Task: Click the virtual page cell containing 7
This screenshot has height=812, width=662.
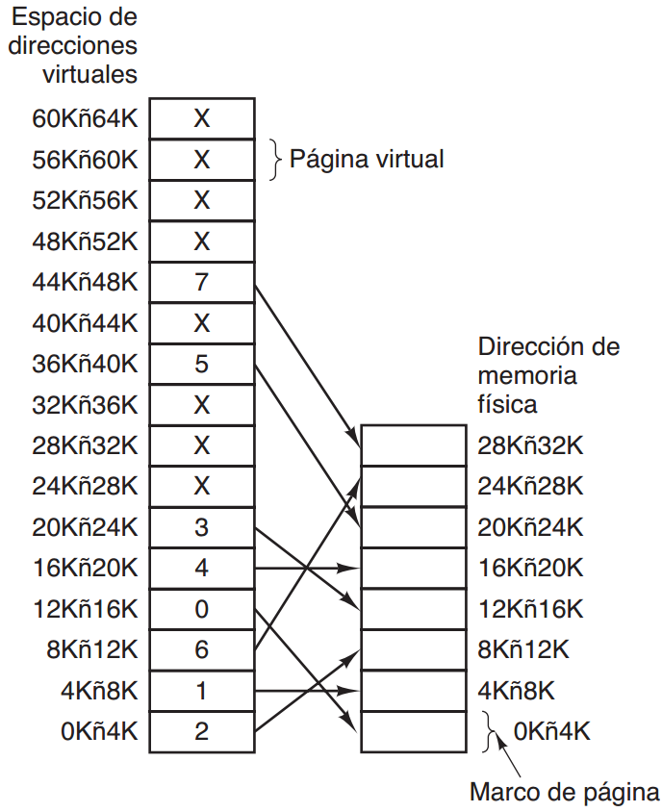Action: tap(201, 283)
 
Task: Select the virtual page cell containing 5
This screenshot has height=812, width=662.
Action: tap(201, 365)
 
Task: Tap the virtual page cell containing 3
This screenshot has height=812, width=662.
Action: tap(201, 527)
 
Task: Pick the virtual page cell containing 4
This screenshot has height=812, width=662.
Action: tap(201, 568)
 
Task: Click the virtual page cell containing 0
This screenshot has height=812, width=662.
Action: tap(201, 609)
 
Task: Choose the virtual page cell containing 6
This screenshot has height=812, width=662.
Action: tap(201, 649)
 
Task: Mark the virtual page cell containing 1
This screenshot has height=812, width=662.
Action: tap(201, 690)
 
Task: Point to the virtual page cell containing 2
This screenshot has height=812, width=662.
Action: tap(201, 731)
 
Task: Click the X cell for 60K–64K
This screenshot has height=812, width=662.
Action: tap(201, 119)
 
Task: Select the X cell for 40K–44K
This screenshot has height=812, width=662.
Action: tap(201, 323)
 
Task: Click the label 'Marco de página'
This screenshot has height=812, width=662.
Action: tap(564, 793)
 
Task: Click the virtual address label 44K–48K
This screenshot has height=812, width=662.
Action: tap(85, 283)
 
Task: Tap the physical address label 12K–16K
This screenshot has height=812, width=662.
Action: tap(530, 609)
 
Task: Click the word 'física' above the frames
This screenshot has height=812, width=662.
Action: tap(507, 404)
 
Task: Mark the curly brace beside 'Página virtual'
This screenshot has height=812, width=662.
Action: tap(276, 159)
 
